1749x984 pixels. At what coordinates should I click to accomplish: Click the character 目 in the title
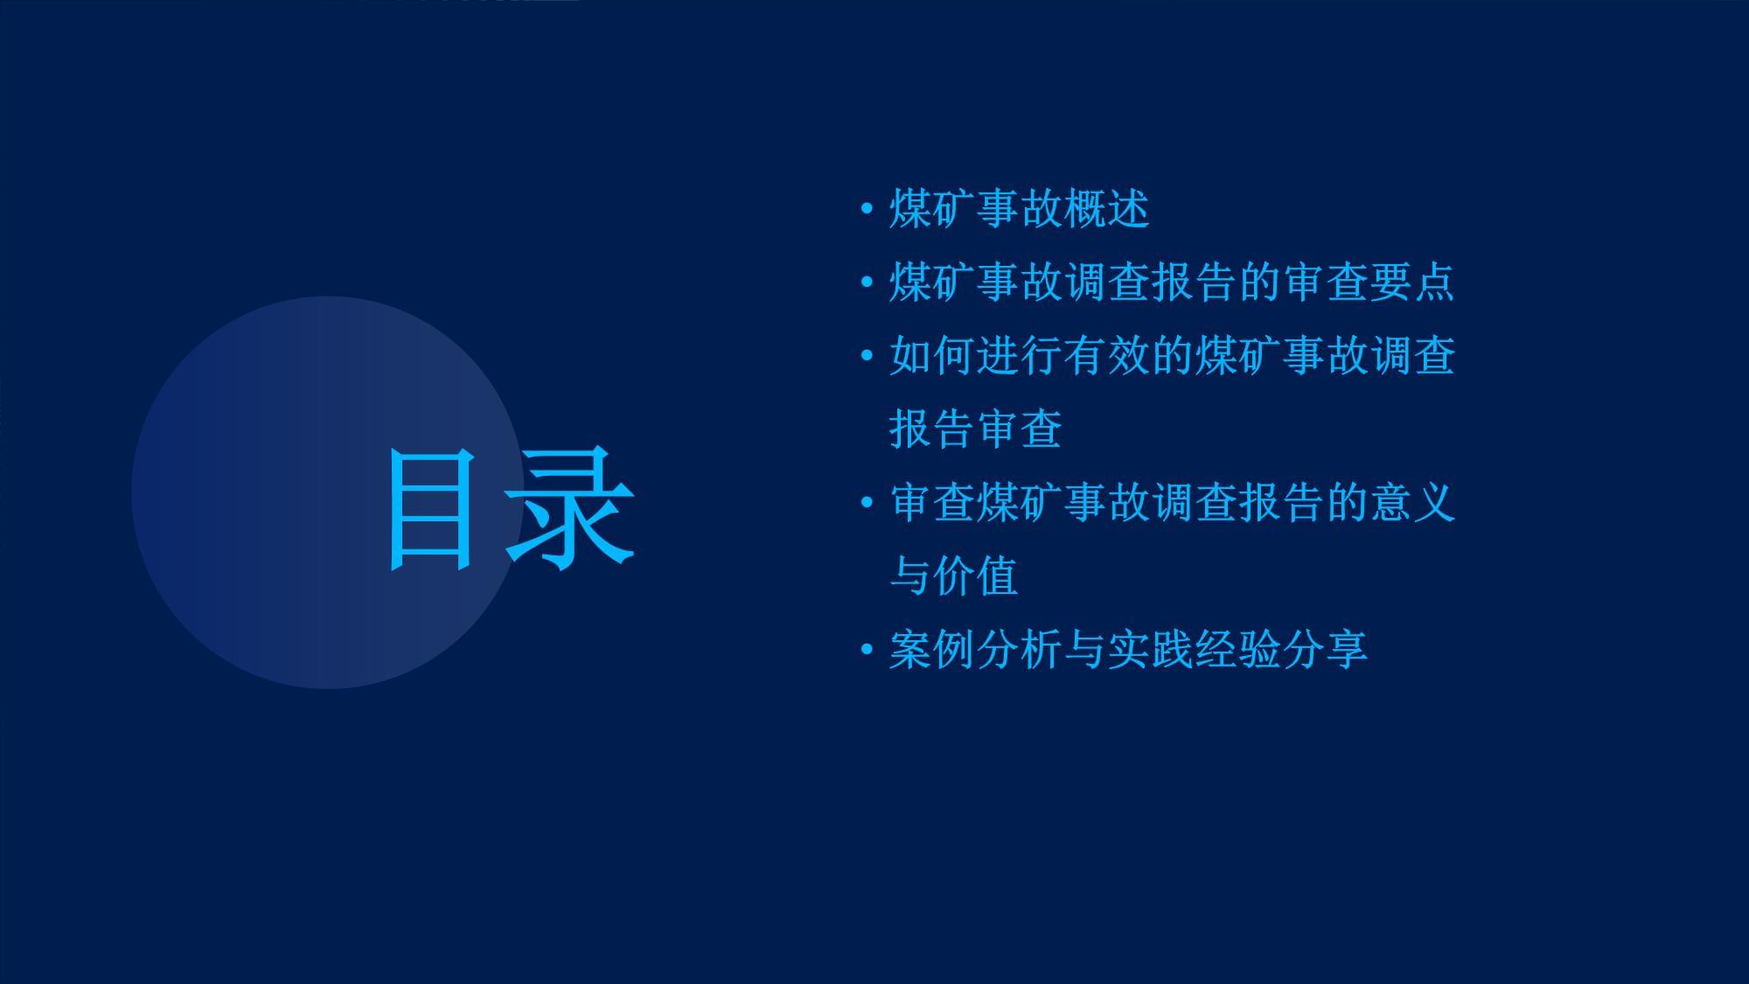(x=430, y=509)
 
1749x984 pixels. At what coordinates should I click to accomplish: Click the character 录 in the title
(x=569, y=509)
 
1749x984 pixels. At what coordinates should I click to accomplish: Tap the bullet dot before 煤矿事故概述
(x=867, y=209)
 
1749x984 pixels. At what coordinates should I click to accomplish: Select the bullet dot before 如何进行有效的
(x=867, y=356)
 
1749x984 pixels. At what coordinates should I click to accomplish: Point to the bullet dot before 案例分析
(x=867, y=650)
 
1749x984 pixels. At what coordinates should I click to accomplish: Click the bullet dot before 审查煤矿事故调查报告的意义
(x=867, y=503)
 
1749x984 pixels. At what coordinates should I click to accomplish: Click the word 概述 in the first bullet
(x=1106, y=209)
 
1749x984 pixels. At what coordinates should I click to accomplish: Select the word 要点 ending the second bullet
(x=1412, y=283)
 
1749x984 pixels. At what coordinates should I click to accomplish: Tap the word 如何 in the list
(x=931, y=356)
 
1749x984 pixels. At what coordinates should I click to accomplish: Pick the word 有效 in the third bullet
(x=1106, y=356)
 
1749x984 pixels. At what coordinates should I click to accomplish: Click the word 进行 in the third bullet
(x=1019, y=356)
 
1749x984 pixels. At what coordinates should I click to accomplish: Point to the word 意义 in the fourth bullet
(x=1412, y=503)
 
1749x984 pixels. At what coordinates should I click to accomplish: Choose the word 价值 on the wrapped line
(x=975, y=576)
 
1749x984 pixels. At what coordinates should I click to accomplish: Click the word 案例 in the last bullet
(x=931, y=650)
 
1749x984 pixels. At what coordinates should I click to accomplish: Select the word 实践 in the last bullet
(x=1150, y=650)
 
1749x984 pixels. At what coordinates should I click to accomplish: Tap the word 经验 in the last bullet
(x=1237, y=650)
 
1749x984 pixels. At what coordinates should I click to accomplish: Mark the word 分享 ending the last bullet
(x=1325, y=650)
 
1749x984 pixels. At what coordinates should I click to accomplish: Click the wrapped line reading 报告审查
(x=975, y=429)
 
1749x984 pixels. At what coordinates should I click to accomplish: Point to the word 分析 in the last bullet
(x=1019, y=650)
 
